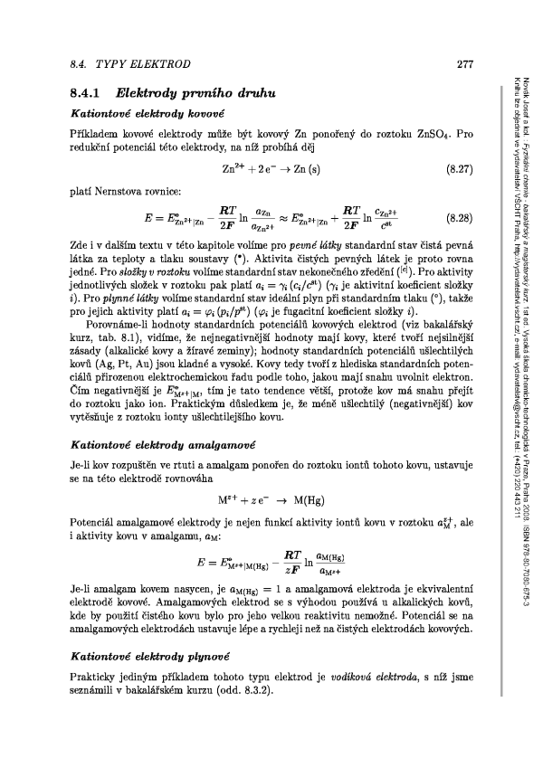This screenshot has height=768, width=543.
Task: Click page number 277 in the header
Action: [466, 64]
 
